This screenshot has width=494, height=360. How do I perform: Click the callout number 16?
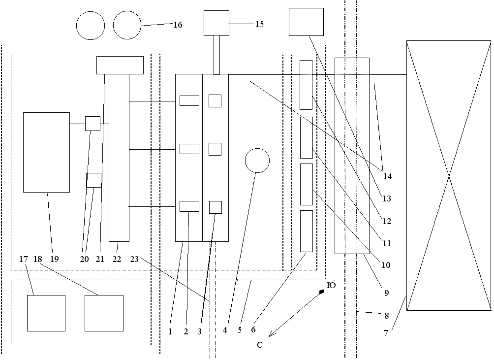click(x=178, y=25)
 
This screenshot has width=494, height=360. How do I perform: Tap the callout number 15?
click(x=259, y=24)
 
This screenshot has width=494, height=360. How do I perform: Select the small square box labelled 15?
click(x=216, y=23)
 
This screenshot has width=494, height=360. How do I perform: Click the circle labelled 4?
click(x=257, y=160)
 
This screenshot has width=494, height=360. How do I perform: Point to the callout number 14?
click(x=387, y=176)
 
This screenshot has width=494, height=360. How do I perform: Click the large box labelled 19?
click(x=46, y=152)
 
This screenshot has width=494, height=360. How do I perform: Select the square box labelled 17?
click(x=46, y=313)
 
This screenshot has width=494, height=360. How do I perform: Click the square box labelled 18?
click(x=104, y=313)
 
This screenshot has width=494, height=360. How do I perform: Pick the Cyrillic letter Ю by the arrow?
click(x=331, y=285)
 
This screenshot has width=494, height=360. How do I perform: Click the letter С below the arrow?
click(x=260, y=345)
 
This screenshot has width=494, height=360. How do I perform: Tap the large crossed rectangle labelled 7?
click(x=448, y=175)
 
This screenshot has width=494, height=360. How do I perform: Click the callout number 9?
click(x=386, y=294)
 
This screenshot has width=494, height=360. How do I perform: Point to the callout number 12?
click(x=387, y=222)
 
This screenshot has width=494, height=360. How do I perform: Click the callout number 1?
click(x=170, y=331)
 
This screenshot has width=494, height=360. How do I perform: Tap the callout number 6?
click(x=254, y=330)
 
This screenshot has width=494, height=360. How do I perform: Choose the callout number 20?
click(x=85, y=259)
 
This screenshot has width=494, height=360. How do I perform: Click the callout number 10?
click(x=386, y=265)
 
